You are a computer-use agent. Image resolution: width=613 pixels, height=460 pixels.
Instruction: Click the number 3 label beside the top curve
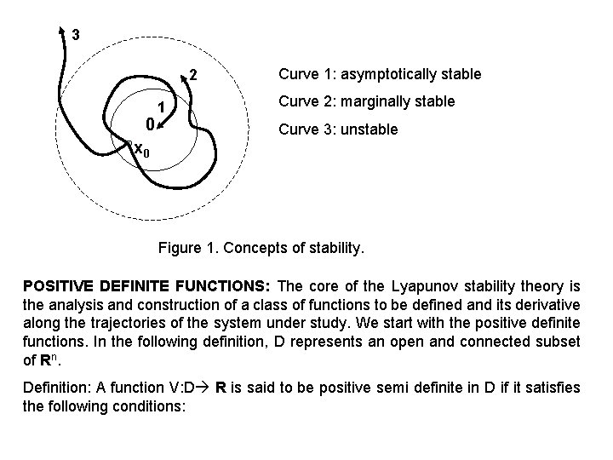77,35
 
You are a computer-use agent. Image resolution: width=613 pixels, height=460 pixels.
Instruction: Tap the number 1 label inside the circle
159,107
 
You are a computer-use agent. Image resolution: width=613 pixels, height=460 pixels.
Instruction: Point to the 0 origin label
149,125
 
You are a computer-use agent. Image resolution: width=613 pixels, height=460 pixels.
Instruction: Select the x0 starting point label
142,151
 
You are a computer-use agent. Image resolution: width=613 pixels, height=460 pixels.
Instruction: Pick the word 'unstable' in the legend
369,129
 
